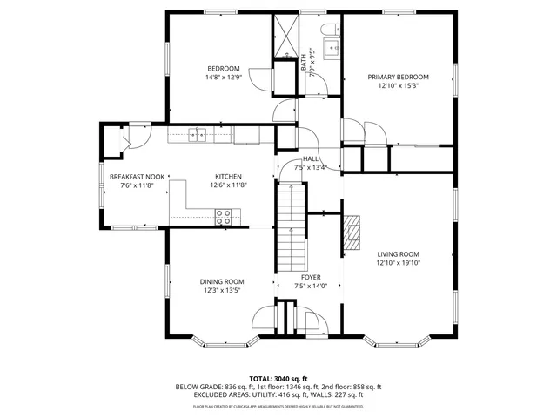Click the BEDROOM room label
223,69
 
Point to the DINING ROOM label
222,281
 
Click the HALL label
310,158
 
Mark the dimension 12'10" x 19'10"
398,263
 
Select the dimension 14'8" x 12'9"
223,78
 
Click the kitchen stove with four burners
224,217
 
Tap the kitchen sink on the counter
199,134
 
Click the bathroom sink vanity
332,47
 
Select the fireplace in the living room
351,232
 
